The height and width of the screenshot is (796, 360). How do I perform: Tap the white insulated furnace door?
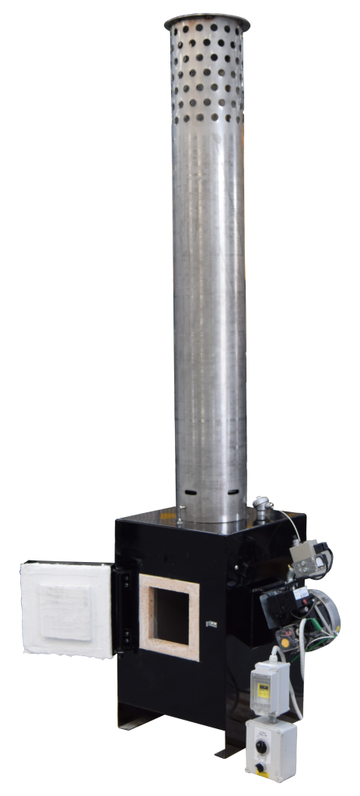(66, 609)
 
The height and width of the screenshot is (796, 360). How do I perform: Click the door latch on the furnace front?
(211, 623)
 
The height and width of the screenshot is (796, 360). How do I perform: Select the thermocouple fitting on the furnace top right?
(261, 510)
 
